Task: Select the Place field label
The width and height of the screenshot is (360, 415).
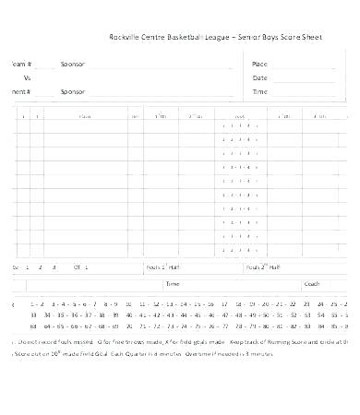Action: [259, 64]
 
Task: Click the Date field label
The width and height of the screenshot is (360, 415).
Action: [259, 78]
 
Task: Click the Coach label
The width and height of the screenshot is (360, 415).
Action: [312, 284]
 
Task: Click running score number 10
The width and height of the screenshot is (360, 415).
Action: [128, 302]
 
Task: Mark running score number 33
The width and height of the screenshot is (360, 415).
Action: [34, 314]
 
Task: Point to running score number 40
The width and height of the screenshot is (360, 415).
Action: [128, 314]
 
